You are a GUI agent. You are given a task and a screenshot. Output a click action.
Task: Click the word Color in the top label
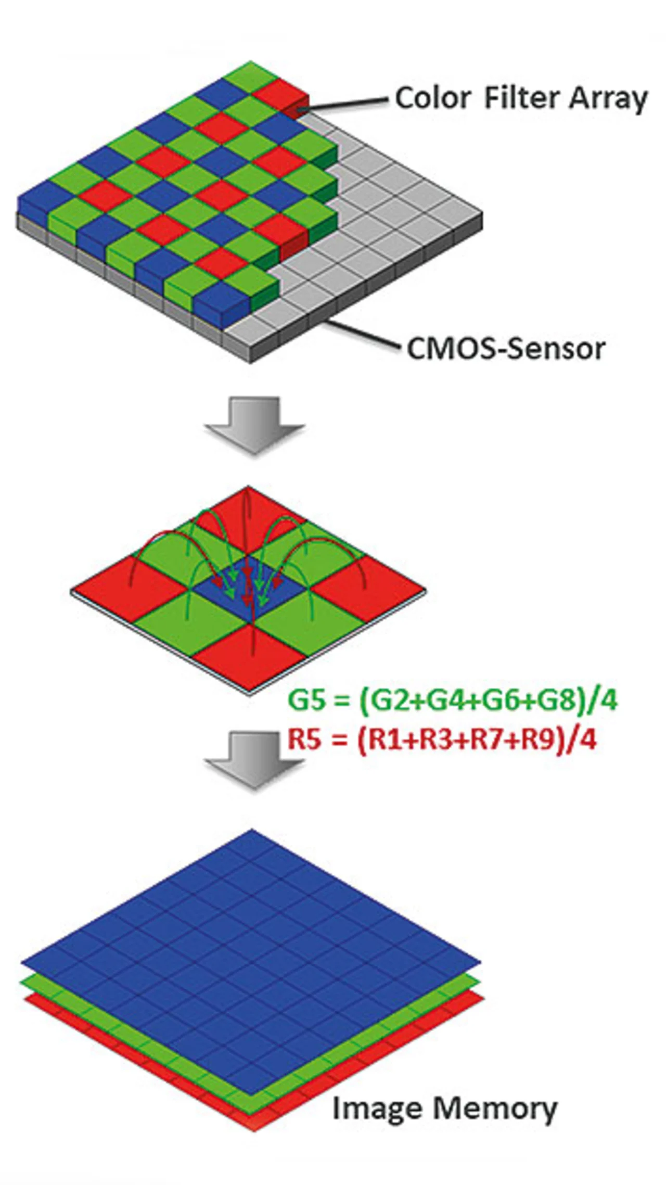tap(433, 98)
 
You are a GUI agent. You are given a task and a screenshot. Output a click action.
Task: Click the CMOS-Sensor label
tap(506, 348)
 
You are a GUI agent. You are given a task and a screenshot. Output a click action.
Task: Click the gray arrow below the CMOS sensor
tap(254, 423)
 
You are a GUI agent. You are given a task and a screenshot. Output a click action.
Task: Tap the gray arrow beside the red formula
tap(254, 757)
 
